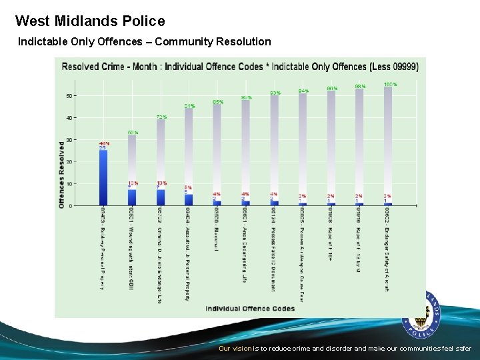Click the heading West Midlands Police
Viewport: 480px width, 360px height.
(90, 21)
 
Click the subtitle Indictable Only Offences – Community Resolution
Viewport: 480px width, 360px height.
(145, 42)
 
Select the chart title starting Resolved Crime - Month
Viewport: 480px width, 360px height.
(240, 67)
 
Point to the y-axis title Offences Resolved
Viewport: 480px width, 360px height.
(62, 174)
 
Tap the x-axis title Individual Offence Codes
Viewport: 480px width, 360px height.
(250, 308)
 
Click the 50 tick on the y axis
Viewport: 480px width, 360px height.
(69, 96)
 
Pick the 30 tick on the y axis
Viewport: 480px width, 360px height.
(69, 140)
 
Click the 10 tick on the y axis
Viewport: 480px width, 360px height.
(69, 183)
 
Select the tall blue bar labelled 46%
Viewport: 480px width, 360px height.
(103, 177)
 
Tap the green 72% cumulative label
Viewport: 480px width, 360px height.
(161, 117)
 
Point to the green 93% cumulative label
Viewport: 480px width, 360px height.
(275, 93)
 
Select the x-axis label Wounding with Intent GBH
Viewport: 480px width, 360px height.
(131, 248)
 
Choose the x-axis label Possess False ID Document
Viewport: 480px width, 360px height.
(273, 249)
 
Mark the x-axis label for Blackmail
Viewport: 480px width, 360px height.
(217, 229)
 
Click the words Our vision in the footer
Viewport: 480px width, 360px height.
(235, 349)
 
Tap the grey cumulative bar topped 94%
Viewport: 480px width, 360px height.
(303, 147)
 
